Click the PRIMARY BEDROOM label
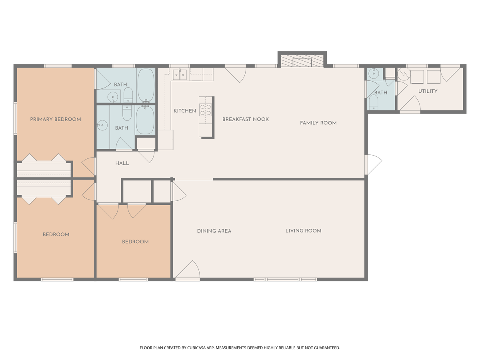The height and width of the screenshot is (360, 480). (56, 119)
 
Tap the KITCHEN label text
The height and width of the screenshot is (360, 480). (185, 111)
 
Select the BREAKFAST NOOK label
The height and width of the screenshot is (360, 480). (246, 119)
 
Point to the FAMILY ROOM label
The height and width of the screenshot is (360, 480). (318, 123)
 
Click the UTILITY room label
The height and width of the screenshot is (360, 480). (428, 91)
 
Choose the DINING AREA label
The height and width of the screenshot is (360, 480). (214, 231)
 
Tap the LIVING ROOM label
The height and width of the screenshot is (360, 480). (303, 231)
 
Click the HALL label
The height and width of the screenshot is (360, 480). (122, 163)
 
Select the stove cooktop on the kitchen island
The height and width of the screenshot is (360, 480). (206, 110)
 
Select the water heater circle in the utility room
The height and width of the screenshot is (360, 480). (403, 74)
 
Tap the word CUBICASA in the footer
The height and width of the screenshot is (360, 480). (203, 348)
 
